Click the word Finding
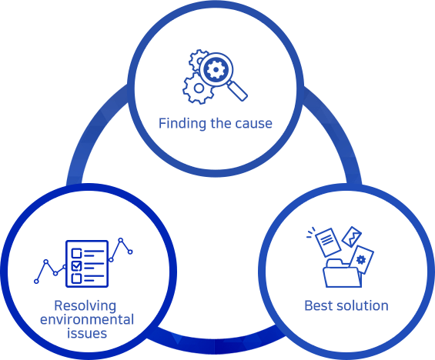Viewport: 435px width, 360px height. pos(182,123)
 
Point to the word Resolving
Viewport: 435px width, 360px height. pos(85,306)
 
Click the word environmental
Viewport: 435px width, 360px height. pos(87,319)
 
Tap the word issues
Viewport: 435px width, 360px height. pos(87,333)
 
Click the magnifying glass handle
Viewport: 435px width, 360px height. pos(237,92)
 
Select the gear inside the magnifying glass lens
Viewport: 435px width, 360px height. pos(216,69)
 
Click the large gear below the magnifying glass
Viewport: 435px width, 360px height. pos(198,88)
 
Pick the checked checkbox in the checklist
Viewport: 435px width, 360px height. pos(76,266)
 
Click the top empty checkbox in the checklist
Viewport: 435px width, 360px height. pos(76,253)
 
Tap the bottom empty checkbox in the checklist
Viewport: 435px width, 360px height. pos(76,278)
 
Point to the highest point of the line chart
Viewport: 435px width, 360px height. pos(120,240)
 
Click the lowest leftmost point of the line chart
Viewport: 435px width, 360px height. pos(36,282)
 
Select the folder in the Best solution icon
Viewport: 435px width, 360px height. pos(342,273)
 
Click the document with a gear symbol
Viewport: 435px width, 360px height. pos(362,260)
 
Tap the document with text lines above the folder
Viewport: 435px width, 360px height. pos(328,242)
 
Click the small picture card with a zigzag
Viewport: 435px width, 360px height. pos(352,237)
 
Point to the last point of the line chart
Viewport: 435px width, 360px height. pos(130,252)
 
